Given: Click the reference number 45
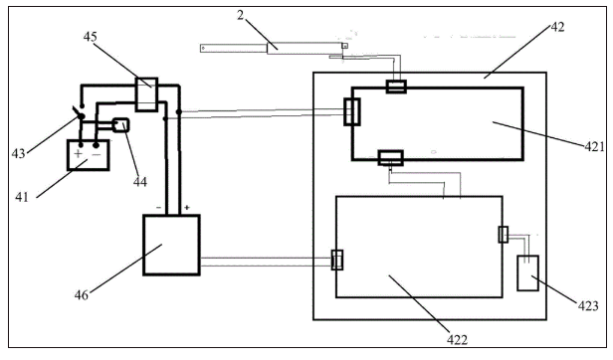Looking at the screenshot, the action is tap(90, 37).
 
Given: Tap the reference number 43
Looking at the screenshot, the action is tap(18, 153).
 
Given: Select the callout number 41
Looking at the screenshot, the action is tap(22, 197).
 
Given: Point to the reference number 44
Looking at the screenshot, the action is tap(140, 182).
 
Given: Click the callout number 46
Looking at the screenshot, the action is tap(82, 295).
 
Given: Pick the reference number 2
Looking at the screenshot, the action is tap(240, 15).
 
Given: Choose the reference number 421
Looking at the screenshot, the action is tap(594, 146).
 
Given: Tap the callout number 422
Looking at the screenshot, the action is tap(457, 340).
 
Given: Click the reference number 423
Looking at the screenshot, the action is tap(588, 305).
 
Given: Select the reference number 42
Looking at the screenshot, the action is tap(558, 27).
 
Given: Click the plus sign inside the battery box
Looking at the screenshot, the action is tap(79, 153).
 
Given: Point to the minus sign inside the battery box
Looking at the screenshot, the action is tap(97, 154).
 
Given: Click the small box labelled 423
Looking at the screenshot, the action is tap(527, 273).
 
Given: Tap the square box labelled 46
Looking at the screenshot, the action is tap(171, 245).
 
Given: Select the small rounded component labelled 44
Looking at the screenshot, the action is tap(121, 125).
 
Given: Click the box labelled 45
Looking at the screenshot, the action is tap(146, 94).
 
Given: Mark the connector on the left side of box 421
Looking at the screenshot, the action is tap(352, 111).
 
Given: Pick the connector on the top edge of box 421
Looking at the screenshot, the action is tap(396, 87).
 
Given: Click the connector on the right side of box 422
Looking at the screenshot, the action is tap(504, 234).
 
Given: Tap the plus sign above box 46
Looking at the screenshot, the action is tap(187, 207).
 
